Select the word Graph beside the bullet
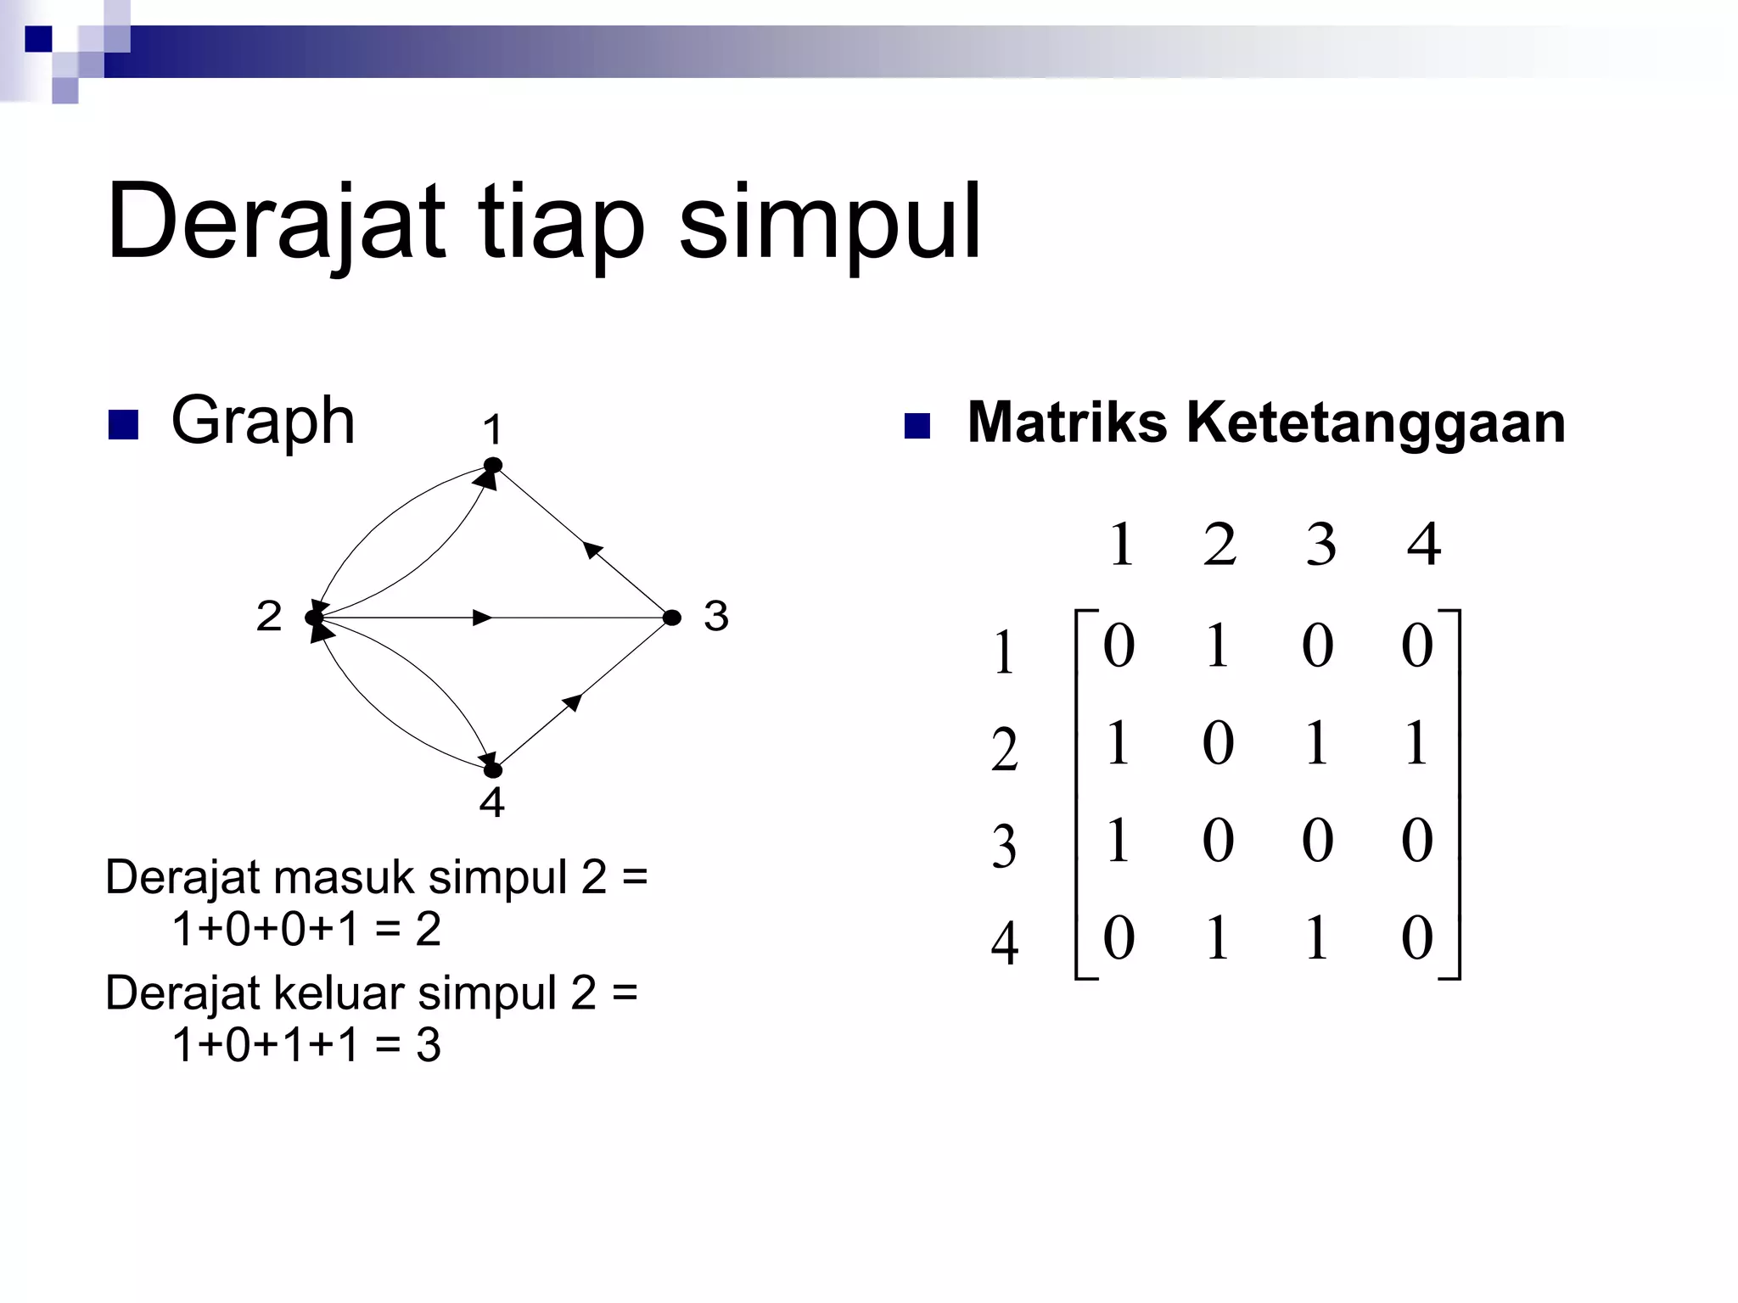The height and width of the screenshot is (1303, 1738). (262, 422)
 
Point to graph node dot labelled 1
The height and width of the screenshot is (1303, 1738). (493, 465)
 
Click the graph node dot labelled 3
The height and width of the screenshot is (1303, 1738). (671, 618)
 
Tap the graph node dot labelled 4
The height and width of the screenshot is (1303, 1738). (493, 770)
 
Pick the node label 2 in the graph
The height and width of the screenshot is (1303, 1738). (269, 616)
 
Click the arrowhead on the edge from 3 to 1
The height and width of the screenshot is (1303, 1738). (594, 550)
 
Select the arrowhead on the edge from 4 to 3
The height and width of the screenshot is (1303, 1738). (574, 702)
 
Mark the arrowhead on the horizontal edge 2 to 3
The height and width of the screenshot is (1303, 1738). (482, 618)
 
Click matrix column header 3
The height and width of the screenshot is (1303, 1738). (1320, 545)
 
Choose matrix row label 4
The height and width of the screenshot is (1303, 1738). (1005, 944)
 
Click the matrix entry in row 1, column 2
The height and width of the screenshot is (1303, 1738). (1218, 646)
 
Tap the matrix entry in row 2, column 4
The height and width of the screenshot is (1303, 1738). (1416, 744)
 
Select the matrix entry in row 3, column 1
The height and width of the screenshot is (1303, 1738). (1118, 842)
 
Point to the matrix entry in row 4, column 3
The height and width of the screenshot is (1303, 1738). (1317, 939)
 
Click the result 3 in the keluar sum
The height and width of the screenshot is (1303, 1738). (429, 1045)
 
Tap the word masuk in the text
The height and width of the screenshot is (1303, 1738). (345, 877)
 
